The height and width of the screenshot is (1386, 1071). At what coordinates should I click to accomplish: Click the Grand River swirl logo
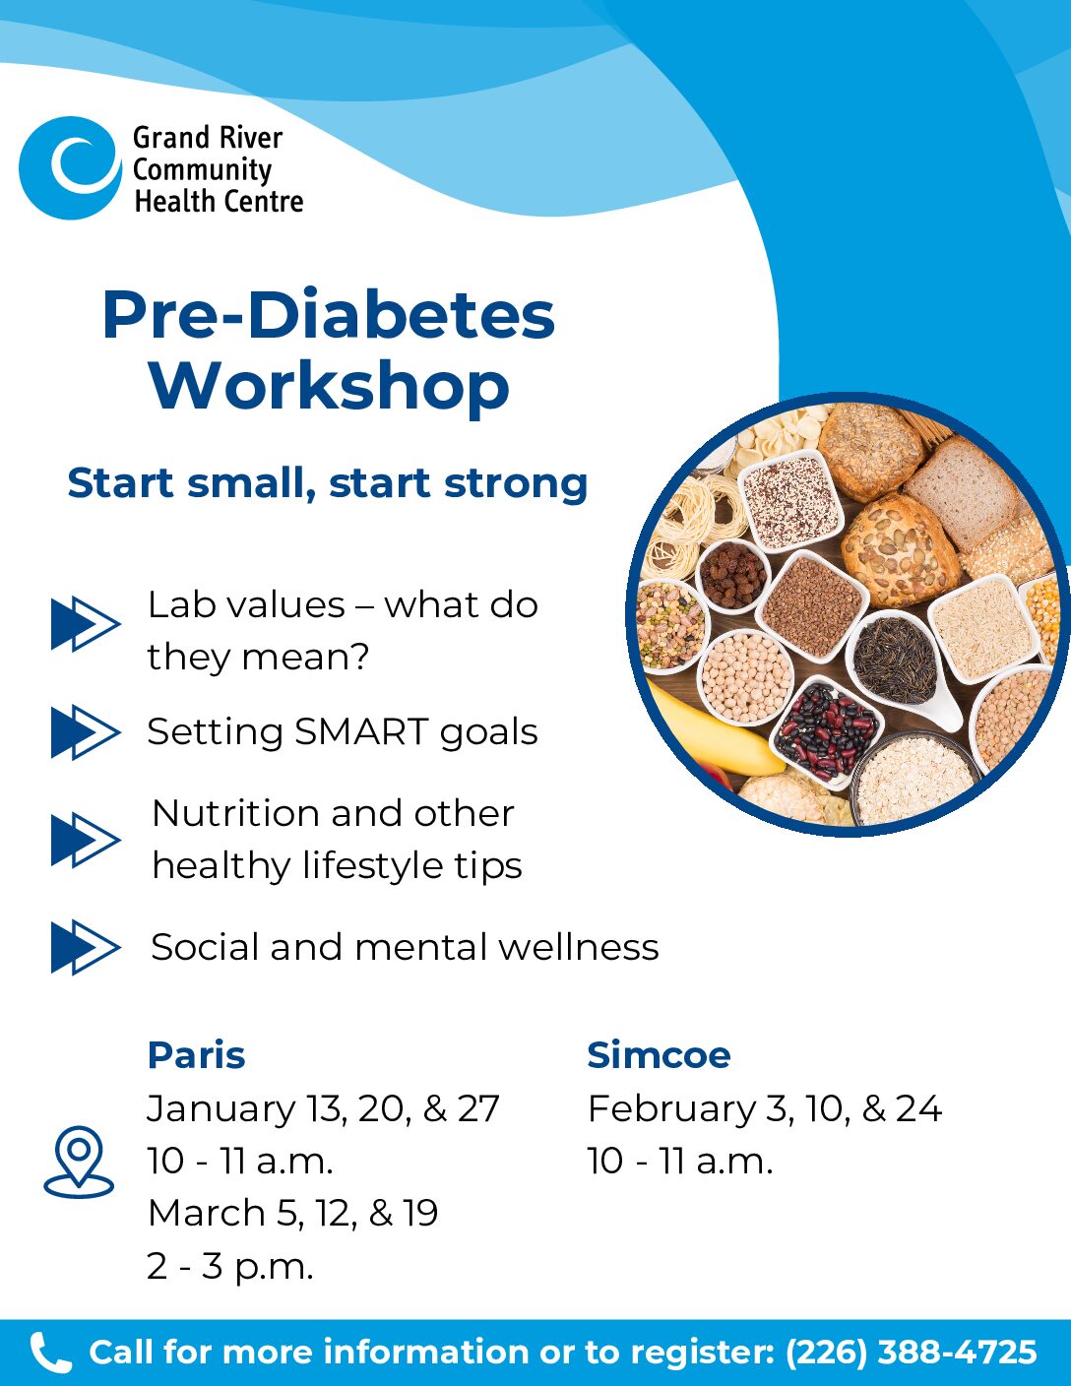tap(70, 167)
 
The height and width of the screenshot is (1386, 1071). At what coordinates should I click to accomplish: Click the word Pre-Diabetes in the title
tap(329, 314)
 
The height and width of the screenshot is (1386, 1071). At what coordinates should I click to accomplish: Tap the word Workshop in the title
tap(329, 387)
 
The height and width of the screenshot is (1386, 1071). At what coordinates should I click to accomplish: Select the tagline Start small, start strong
tap(327, 482)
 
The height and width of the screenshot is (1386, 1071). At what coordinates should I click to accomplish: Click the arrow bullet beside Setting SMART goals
tap(86, 731)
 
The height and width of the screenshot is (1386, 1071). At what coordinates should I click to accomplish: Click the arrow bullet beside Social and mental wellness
tap(86, 947)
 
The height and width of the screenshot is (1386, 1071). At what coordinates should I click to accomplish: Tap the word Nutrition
tap(235, 813)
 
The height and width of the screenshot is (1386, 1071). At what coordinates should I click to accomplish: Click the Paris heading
tap(197, 1055)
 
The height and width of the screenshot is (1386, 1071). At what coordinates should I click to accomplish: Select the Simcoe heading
tap(659, 1055)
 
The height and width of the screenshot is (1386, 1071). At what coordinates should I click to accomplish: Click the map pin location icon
tap(79, 1162)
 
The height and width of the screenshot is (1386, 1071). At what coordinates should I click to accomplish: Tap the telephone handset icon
tap(50, 1353)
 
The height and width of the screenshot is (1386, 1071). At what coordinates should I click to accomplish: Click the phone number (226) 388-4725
tap(911, 1353)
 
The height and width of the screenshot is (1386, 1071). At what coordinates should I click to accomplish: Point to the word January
tap(220, 1110)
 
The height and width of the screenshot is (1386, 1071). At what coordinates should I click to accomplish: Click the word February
tap(671, 1109)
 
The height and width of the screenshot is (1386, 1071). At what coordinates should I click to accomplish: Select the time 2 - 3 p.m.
tap(230, 1267)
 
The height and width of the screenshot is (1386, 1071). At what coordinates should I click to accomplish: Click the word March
tap(206, 1213)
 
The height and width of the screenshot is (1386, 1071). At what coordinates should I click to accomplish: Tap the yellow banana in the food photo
tap(715, 728)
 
